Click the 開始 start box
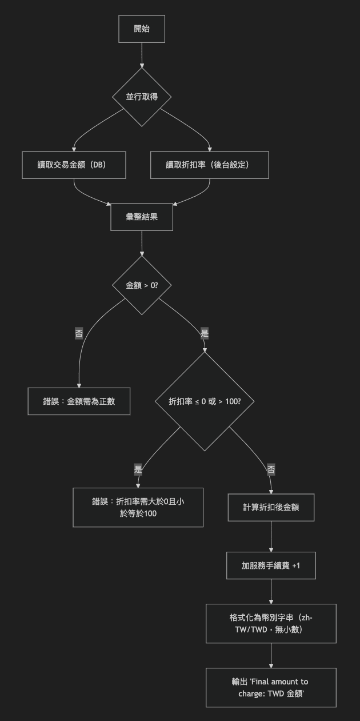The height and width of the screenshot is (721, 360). coord(142,29)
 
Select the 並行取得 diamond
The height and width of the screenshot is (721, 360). coord(142,97)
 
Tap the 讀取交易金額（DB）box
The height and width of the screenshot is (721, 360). coord(74,165)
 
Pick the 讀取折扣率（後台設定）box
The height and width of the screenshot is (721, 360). coord(209,165)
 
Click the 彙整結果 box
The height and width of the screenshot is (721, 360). coord(142,217)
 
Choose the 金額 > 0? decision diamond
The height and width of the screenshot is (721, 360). coord(142,285)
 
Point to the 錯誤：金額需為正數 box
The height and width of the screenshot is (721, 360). coord(79,401)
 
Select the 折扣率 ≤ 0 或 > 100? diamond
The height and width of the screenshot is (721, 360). coord(205,401)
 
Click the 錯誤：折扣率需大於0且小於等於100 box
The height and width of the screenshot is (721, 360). coord(138,507)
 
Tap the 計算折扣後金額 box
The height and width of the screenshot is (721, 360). coord(271,507)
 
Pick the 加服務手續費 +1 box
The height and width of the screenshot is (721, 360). coord(271,565)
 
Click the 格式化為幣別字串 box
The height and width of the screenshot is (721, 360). coord(271,623)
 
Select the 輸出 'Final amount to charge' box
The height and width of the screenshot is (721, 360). coord(271,687)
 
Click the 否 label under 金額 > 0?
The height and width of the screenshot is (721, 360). coord(79,333)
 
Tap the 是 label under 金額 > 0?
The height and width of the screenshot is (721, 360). coord(205,333)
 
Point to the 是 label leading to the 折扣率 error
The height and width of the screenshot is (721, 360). coord(138,469)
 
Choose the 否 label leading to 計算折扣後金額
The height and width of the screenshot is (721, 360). coord(271,469)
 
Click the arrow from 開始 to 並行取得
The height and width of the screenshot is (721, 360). coord(142,55)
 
